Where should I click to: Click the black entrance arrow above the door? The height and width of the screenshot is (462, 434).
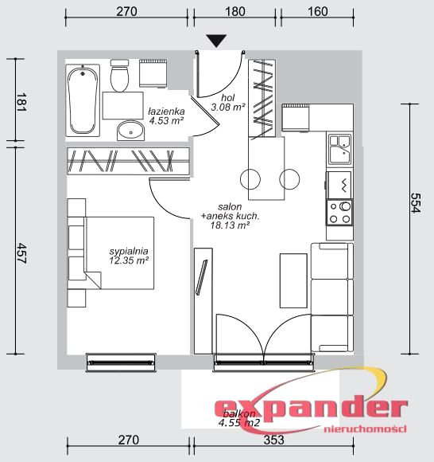click(216, 41)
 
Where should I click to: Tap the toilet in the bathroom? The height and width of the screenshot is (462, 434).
click(119, 76)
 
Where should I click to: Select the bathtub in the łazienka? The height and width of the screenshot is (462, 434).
click(83, 100)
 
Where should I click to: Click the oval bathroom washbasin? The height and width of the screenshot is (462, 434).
click(131, 131)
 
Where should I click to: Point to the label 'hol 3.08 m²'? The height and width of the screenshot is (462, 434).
click(228, 102)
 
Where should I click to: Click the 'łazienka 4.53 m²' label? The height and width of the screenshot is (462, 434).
click(167, 115)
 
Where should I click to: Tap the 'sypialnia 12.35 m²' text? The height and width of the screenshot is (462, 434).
click(129, 256)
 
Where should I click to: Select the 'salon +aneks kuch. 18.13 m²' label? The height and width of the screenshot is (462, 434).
click(230, 216)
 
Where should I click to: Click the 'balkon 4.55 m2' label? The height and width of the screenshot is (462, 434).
click(239, 418)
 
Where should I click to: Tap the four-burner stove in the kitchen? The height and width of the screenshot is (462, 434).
click(339, 213)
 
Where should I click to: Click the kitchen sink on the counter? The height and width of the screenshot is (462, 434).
click(340, 149)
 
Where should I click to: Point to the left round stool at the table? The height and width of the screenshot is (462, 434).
click(250, 179)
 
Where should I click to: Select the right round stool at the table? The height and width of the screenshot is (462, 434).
click(289, 179)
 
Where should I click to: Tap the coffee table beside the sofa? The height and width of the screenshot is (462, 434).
click(293, 281)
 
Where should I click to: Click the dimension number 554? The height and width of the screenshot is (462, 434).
click(416, 202)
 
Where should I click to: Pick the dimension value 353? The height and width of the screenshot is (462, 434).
click(273, 440)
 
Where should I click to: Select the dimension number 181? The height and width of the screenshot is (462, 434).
click(21, 102)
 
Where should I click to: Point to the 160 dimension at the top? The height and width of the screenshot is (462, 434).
click(318, 11)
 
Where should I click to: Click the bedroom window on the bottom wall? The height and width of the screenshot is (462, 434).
click(121, 362)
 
